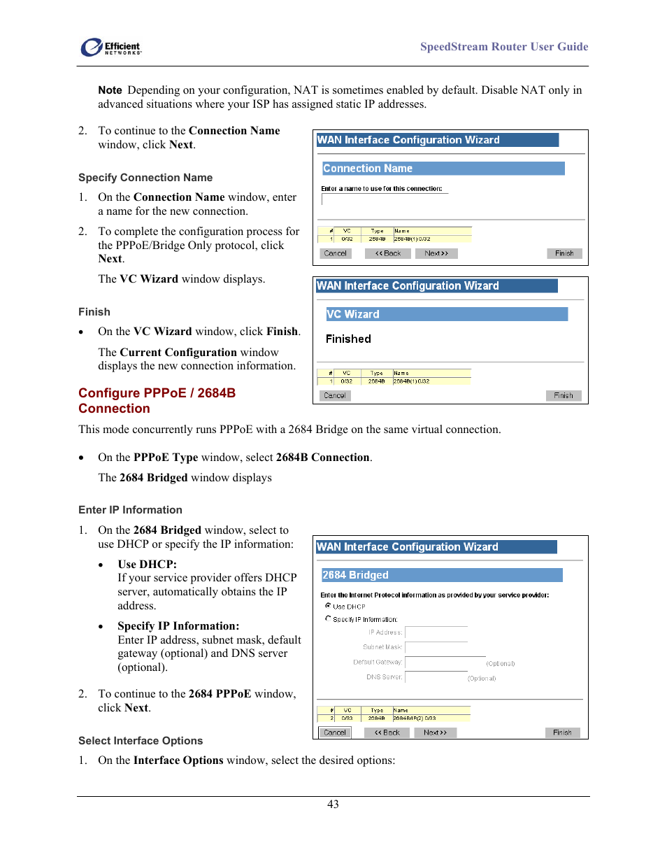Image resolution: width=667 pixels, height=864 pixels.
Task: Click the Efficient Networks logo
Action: [x=111, y=47]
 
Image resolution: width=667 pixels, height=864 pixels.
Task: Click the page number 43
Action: [x=333, y=805]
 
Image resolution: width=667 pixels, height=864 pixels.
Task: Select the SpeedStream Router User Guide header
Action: [x=503, y=47]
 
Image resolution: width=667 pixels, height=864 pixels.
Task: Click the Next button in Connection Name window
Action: [x=436, y=253]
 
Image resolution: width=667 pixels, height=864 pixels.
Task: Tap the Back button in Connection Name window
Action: [x=388, y=253]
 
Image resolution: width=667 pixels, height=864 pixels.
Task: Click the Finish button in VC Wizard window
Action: [x=563, y=396]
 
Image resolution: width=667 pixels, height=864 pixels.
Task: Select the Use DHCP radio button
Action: [x=328, y=606]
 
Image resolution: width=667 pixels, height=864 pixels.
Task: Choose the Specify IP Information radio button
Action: [x=328, y=618]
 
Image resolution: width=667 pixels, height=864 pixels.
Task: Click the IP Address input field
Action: [x=436, y=632]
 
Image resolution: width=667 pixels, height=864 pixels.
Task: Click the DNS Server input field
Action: [x=435, y=677]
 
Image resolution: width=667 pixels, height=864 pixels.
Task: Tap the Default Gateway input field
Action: [x=445, y=663]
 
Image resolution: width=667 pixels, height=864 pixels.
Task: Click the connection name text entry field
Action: [x=383, y=199]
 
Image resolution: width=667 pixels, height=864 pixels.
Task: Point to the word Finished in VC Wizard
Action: [x=348, y=339]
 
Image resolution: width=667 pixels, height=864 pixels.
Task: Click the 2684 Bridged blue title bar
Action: [x=441, y=575]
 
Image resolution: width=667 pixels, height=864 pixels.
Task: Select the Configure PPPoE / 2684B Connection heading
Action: [x=157, y=401]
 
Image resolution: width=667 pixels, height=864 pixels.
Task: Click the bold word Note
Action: [x=110, y=90]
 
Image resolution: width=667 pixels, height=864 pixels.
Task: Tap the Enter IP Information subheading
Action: [x=130, y=510]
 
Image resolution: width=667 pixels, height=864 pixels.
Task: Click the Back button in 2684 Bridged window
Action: [x=387, y=732]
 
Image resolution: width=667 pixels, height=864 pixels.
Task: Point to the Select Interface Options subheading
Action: [x=141, y=741]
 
